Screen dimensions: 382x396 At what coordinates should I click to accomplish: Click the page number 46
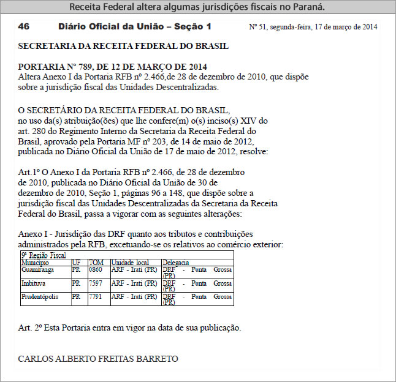(x=24, y=27)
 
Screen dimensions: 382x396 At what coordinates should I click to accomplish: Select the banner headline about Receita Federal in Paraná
(x=197, y=7)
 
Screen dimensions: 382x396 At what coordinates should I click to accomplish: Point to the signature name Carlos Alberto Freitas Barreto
(x=98, y=358)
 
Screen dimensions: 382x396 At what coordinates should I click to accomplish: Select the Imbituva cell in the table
(x=34, y=283)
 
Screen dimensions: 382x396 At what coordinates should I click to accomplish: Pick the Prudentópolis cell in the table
(x=40, y=297)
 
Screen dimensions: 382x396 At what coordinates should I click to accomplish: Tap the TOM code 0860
(x=96, y=269)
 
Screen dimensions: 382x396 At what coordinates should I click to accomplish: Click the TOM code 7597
(x=96, y=283)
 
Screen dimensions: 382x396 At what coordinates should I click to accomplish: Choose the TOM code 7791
(x=96, y=297)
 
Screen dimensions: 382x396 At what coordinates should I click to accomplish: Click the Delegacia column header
(x=175, y=263)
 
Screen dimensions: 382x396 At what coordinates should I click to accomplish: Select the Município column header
(x=35, y=263)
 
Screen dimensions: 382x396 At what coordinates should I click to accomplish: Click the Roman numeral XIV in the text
(x=251, y=121)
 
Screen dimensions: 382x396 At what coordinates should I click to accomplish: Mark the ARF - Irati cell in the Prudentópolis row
(x=134, y=297)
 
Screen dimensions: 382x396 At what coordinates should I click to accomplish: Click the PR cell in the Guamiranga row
(x=76, y=269)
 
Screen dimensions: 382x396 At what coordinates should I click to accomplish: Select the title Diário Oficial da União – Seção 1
(x=135, y=27)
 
